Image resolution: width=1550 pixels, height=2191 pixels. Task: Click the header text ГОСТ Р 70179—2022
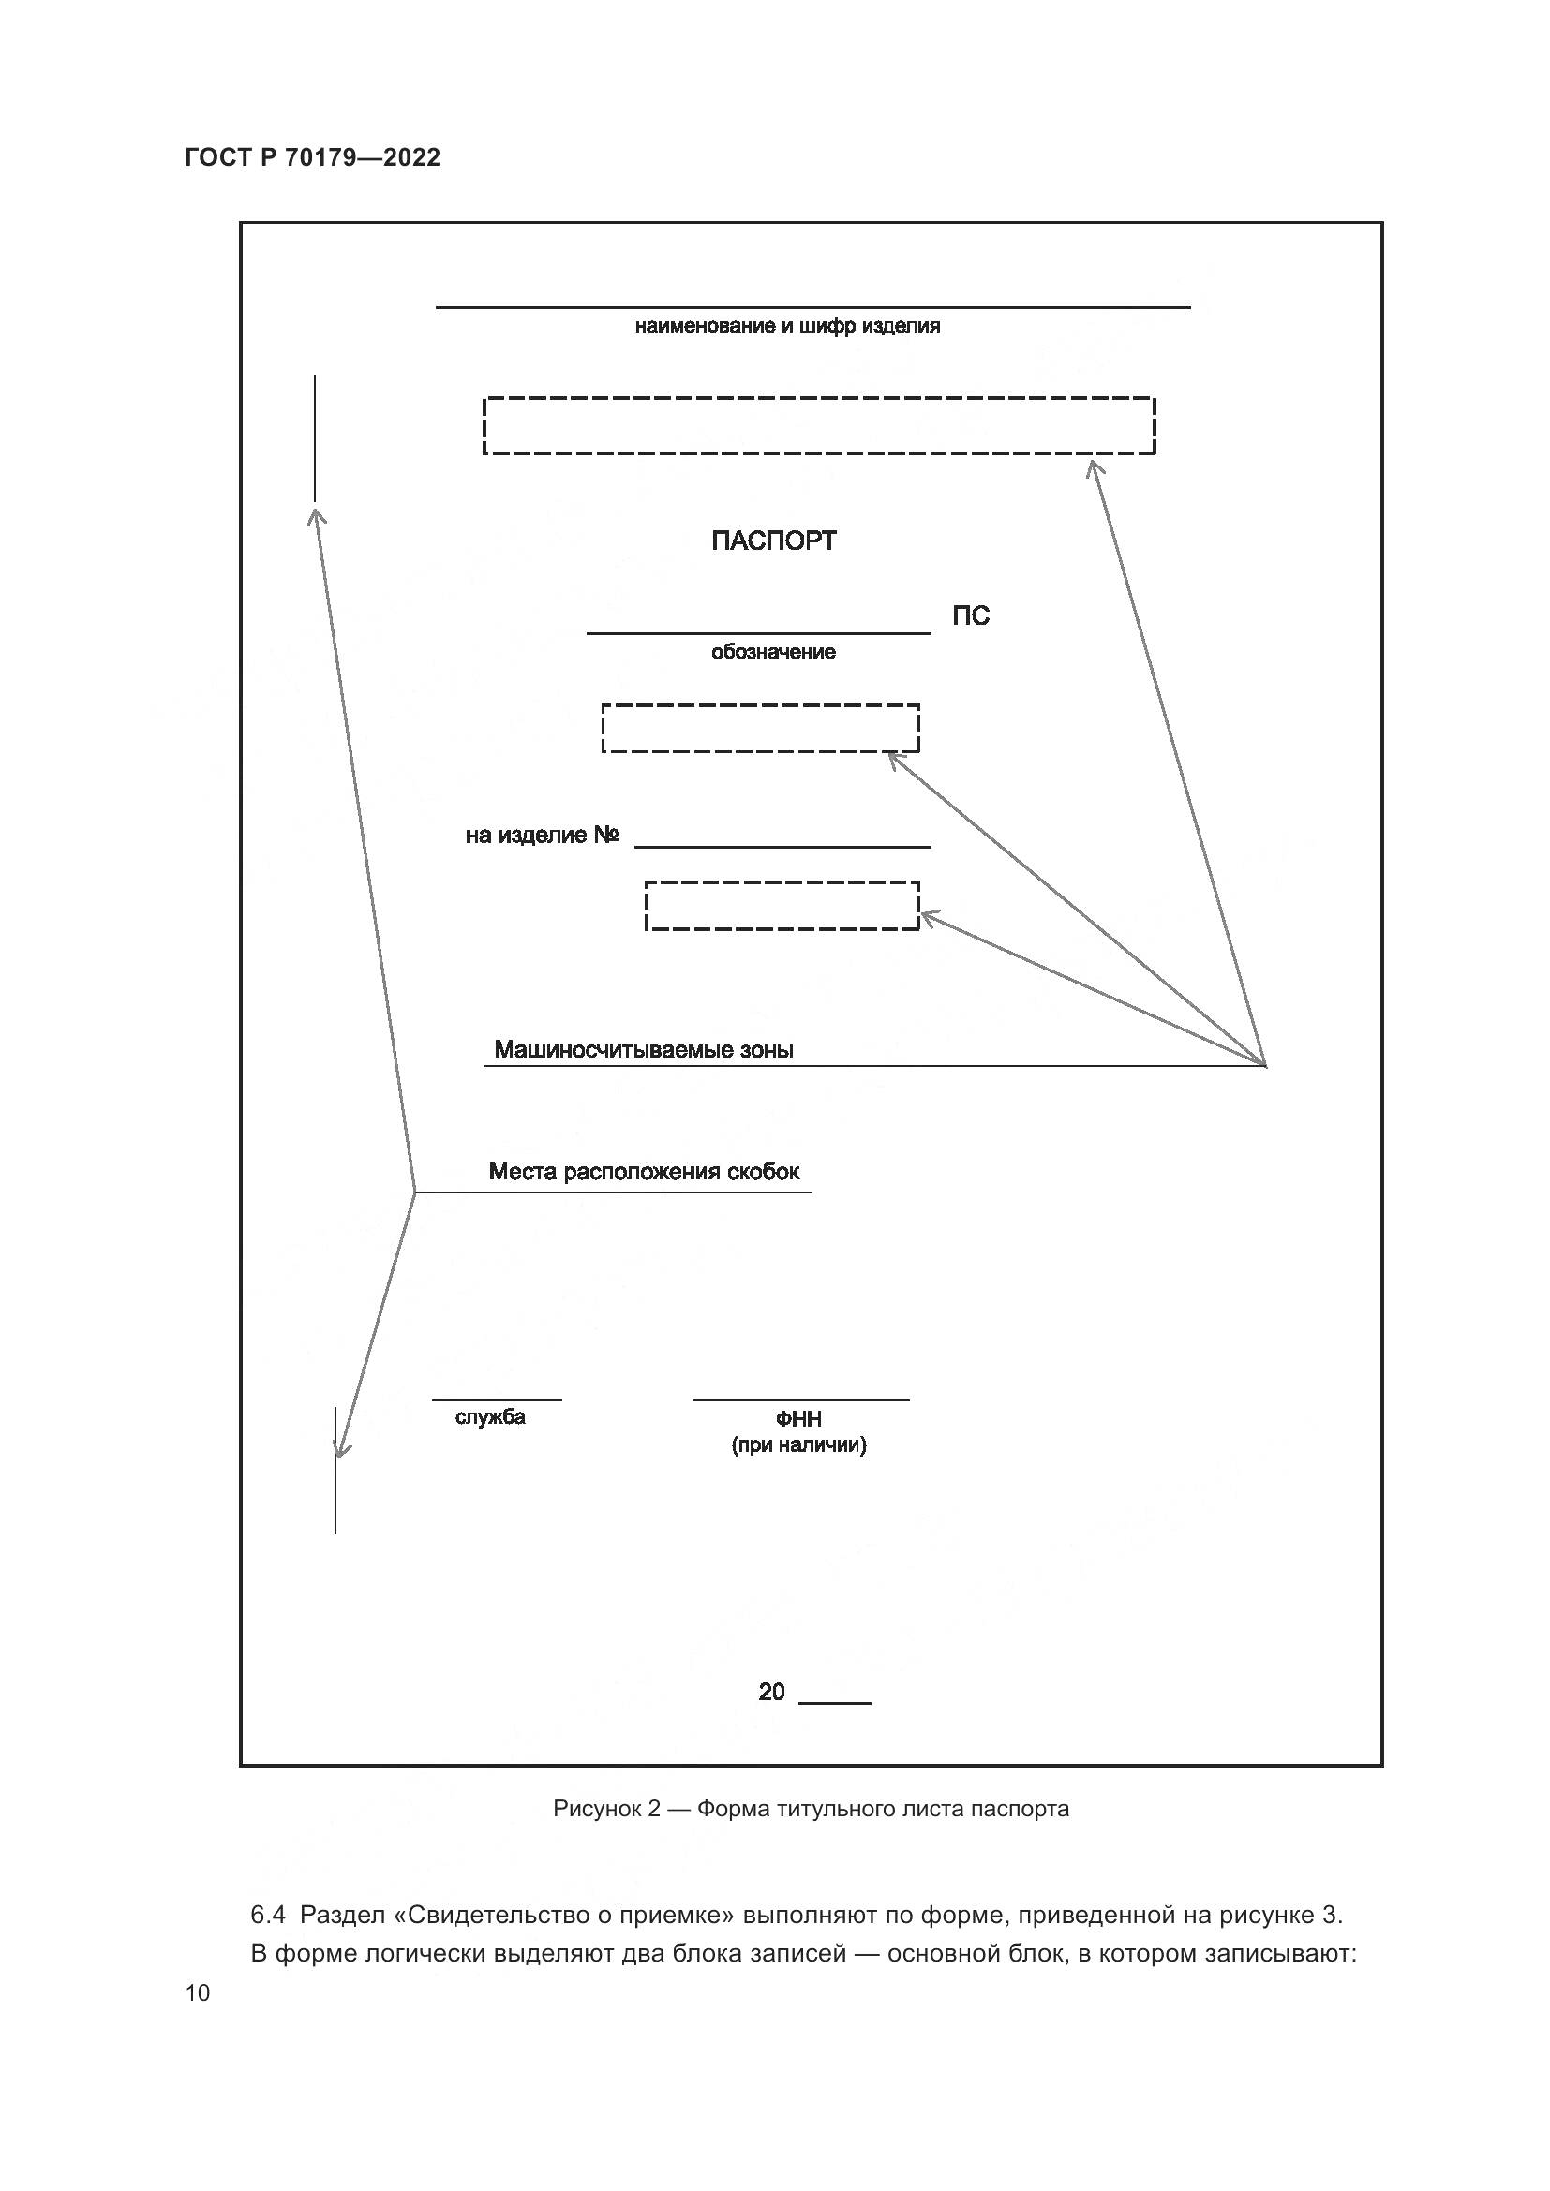point(312,157)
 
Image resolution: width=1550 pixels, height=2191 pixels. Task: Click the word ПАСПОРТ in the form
point(773,541)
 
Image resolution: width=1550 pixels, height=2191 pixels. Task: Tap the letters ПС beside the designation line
point(971,616)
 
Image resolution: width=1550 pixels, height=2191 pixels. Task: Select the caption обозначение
point(773,652)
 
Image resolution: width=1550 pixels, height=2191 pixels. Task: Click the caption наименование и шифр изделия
point(787,326)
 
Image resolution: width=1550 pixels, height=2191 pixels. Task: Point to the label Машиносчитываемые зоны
point(643,1050)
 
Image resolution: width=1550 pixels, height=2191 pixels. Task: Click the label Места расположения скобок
point(643,1172)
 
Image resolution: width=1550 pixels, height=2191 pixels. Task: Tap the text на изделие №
point(541,836)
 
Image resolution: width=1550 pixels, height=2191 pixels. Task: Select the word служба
point(489,1417)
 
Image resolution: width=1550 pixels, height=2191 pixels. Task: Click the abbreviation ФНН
point(798,1420)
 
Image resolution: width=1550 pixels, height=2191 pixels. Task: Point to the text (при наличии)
point(798,1444)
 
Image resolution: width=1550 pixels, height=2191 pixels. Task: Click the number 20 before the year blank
point(771,1692)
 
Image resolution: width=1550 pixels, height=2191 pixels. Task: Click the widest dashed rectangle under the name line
point(819,425)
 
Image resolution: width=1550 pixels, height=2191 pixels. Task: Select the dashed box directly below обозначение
point(760,729)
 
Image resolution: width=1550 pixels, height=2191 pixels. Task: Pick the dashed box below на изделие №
point(782,906)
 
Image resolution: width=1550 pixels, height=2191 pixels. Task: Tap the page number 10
point(198,1993)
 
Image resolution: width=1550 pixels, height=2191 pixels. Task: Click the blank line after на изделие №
point(782,846)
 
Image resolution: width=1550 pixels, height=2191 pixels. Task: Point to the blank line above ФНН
point(800,1399)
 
